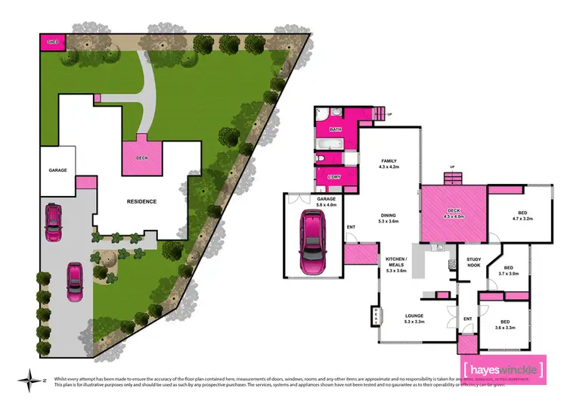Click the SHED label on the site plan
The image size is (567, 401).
pos(52,42)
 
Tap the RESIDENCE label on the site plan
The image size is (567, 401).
pos(141,201)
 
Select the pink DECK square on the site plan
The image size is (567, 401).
pos(141,158)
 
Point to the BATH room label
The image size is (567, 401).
pos(335,130)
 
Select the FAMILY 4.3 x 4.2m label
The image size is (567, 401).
pos(389,164)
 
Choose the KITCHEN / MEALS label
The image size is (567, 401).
pos(396,265)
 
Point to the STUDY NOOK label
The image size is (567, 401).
pos(474,262)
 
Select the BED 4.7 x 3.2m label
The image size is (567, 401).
pos(523,216)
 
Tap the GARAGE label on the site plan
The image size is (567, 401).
pos(58,170)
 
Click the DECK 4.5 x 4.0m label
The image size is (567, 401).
pos(454,213)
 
